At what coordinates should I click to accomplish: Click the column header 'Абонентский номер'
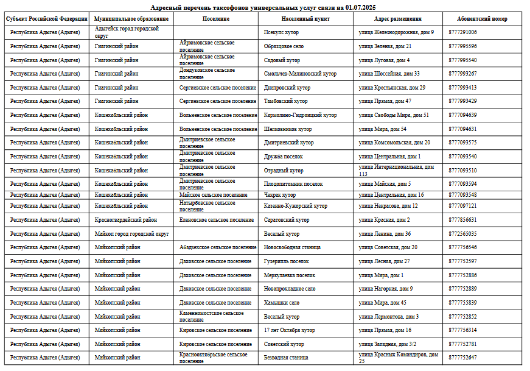[482, 19]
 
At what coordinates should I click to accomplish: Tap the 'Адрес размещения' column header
[397, 19]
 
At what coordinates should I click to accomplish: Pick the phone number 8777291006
[462, 32]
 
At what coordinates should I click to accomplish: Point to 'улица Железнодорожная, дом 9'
[396, 32]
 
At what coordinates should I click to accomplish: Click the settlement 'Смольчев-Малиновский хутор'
[300, 74]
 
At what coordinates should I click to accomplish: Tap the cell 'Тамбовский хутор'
[285, 101]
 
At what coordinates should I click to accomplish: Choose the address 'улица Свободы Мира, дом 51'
[394, 115]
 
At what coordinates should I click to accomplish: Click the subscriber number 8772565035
[462, 234]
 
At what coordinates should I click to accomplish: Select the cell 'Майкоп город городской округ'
[131, 234]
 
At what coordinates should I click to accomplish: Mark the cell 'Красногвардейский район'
[125, 220]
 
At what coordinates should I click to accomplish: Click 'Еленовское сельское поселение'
[217, 220]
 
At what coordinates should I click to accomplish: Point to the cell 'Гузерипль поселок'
[286, 261]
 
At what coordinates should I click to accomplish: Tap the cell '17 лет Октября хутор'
[289, 330]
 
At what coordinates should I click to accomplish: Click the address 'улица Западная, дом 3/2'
[388, 344]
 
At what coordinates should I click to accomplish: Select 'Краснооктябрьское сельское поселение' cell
[214, 358]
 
